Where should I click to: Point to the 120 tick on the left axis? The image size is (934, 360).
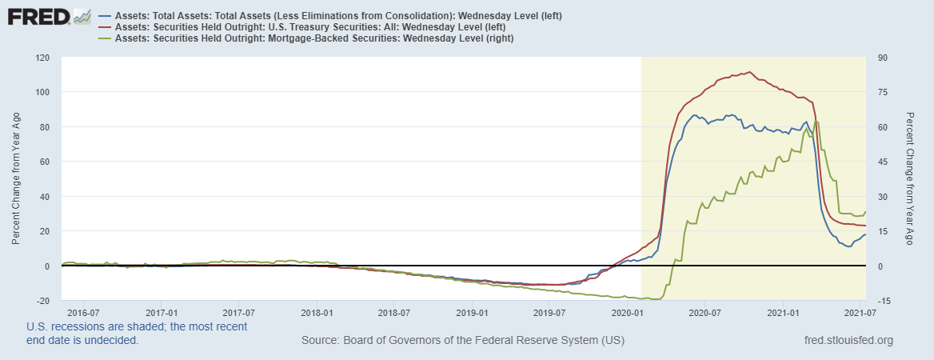(42, 58)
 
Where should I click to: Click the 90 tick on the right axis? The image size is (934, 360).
(884, 58)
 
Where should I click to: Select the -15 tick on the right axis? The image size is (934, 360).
(885, 301)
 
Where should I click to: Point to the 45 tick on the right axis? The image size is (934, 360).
(884, 162)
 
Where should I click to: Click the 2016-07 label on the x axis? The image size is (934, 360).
(83, 310)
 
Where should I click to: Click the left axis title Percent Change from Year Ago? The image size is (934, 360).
(16, 178)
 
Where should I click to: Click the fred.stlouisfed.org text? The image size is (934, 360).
(848, 341)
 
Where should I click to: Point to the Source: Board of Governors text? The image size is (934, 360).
(463, 341)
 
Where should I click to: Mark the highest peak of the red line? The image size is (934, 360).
(748, 72)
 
